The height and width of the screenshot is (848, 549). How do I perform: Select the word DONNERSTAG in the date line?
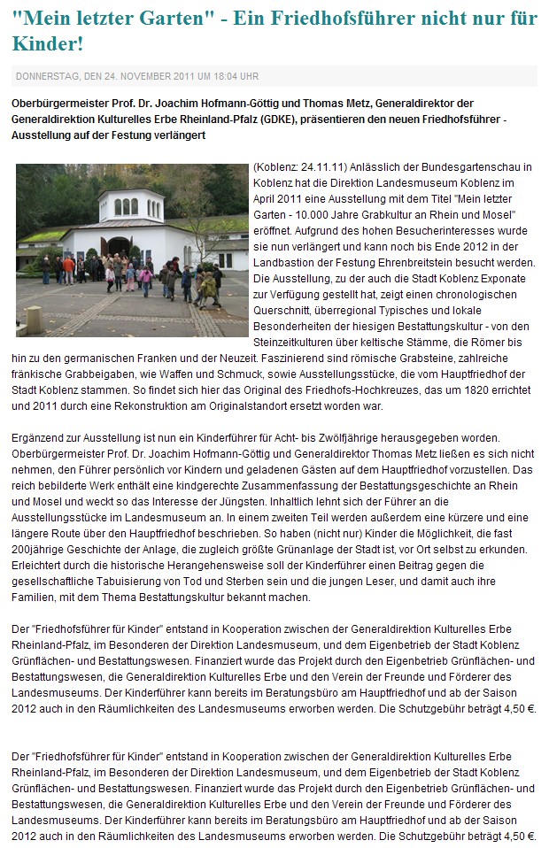pyautogui.click(x=48, y=76)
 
